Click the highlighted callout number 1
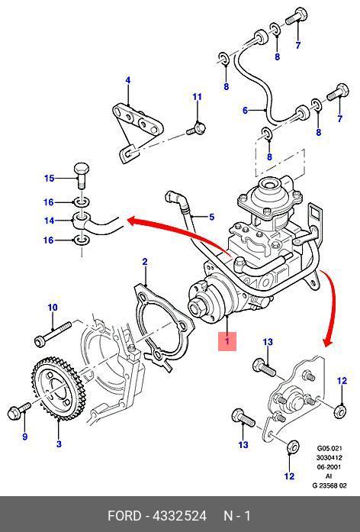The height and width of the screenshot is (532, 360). tap(227, 341)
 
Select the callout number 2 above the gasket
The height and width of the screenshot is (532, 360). tap(145, 262)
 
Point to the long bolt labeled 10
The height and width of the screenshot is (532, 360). tap(53, 334)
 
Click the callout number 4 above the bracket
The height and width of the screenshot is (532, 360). tap(128, 80)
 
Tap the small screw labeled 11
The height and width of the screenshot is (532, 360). tap(196, 128)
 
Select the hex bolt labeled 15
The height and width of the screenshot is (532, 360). tap(82, 175)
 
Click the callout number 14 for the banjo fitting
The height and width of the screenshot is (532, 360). tap(49, 221)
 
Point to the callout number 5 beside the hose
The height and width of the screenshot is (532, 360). tap(211, 217)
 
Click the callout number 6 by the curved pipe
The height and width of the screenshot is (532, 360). tap(245, 110)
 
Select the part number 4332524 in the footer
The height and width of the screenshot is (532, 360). tap(180, 516)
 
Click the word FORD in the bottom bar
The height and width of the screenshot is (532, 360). tap(124, 516)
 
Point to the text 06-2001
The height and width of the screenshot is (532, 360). tap(329, 467)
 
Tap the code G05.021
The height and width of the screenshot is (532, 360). tap(329, 448)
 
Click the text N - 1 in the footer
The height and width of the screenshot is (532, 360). tap(237, 516)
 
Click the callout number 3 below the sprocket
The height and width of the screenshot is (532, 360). tap(59, 443)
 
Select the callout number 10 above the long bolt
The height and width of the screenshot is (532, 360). tap(53, 308)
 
